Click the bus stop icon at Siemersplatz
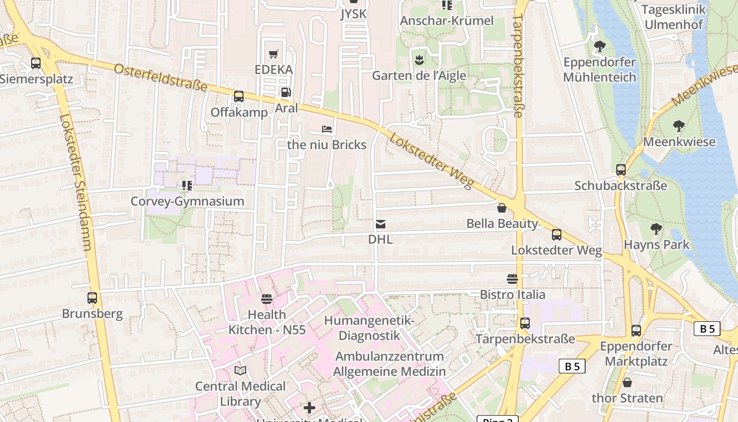point(36,63)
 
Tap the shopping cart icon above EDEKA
point(274,54)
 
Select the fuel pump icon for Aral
point(286,92)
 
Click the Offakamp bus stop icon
point(239,97)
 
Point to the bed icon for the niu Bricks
point(327,129)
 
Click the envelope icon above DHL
point(380,224)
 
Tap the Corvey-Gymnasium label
point(188,202)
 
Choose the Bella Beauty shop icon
point(502,208)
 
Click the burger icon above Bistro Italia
point(512,279)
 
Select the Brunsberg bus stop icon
point(92,298)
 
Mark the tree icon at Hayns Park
point(656,229)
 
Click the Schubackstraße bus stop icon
point(621,170)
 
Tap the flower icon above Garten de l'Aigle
point(419,59)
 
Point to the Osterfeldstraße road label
point(160,78)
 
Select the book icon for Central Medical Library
point(240,370)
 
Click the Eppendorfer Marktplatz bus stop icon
point(636,331)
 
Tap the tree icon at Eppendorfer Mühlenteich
point(599,46)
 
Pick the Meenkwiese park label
point(679,142)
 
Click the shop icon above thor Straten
point(627,382)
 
